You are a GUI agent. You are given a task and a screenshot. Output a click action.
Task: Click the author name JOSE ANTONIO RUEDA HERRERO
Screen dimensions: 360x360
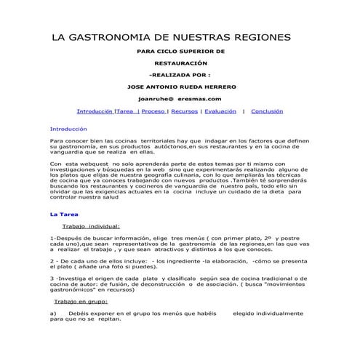coord(180,86)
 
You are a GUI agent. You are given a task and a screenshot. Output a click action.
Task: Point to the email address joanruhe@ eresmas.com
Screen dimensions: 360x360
coord(180,98)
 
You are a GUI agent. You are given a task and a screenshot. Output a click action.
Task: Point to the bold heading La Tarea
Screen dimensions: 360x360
coord(63,215)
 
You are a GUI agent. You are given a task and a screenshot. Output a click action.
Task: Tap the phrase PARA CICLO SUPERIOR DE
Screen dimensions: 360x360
coord(180,52)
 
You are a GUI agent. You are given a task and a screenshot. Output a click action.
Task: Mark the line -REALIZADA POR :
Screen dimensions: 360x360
coord(180,74)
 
